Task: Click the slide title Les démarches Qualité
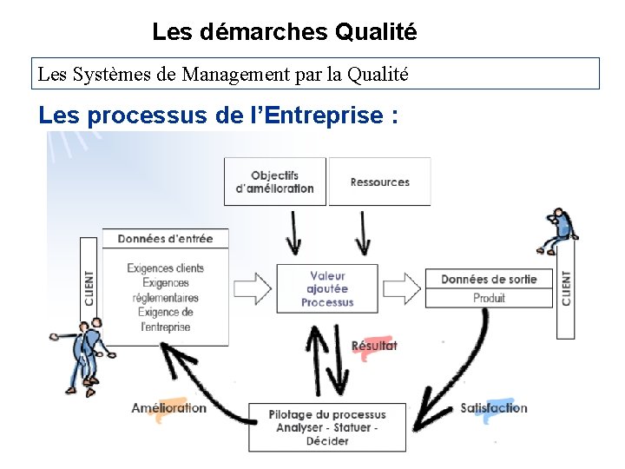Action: pyautogui.click(x=284, y=32)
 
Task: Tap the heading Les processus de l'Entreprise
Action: pyautogui.click(x=219, y=115)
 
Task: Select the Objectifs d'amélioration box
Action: pyautogui.click(x=274, y=182)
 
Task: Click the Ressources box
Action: pyautogui.click(x=379, y=182)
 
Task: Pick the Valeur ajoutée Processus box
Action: pyautogui.click(x=327, y=288)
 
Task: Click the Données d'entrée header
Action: pyautogui.click(x=165, y=239)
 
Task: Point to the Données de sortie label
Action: pyautogui.click(x=489, y=279)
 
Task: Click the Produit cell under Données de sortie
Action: pyautogui.click(x=489, y=298)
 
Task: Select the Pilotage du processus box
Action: pyautogui.click(x=326, y=427)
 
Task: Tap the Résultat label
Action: pyautogui.click(x=374, y=346)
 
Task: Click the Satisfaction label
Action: pyautogui.click(x=493, y=408)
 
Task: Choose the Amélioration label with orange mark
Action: pyautogui.click(x=169, y=408)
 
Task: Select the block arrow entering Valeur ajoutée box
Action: pyautogui.click(x=253, y=286)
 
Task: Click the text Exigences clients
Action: pyautogui.click(x=165, y=268)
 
